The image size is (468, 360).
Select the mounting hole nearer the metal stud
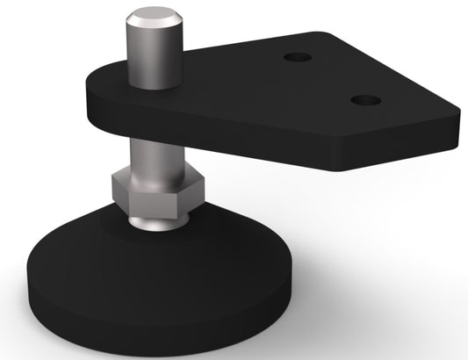[299, 57]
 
